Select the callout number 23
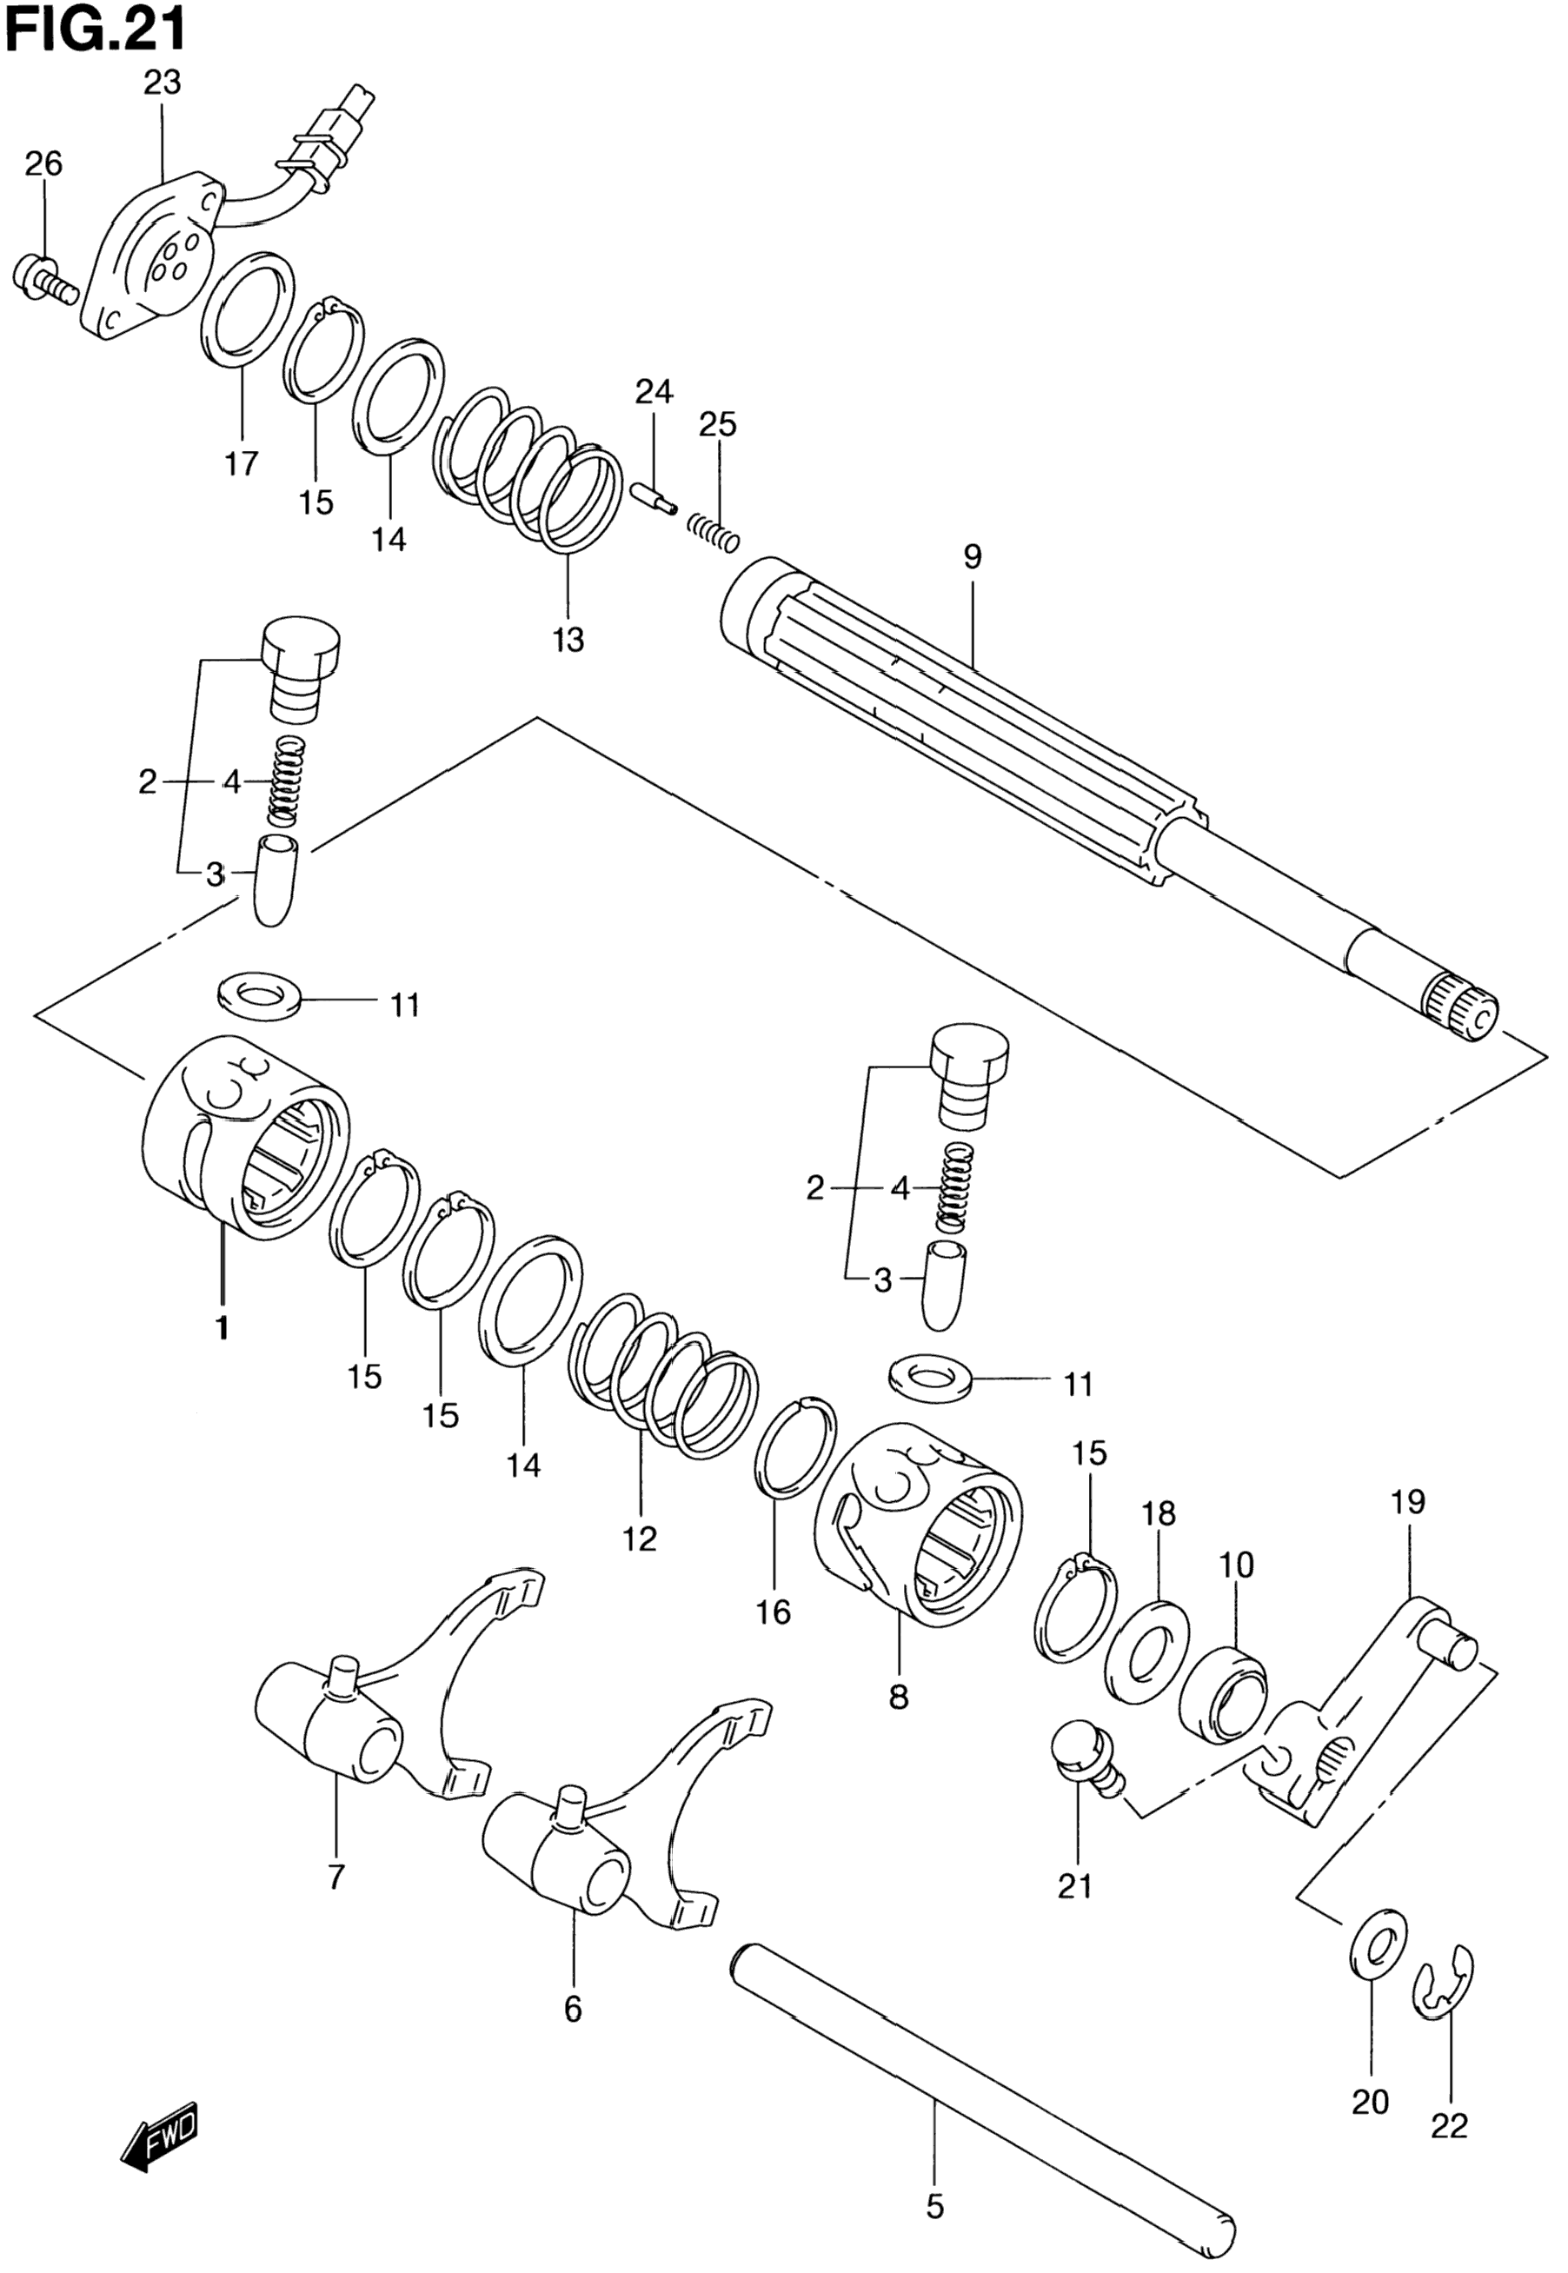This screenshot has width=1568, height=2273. (x=163, y=83)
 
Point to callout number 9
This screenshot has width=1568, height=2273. (x=972, y=558)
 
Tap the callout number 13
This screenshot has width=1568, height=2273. (x=568, y=641)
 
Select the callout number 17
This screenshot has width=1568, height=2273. (x=241, y=462)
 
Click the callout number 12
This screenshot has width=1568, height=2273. (x=639, y=1538)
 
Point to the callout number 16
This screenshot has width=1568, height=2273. (x=774, y=1612)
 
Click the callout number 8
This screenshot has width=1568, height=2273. (x=899, y=1698)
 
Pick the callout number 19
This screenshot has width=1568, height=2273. (x=1408, y=1502)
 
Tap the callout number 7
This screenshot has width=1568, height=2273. (x=336, y=1878)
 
